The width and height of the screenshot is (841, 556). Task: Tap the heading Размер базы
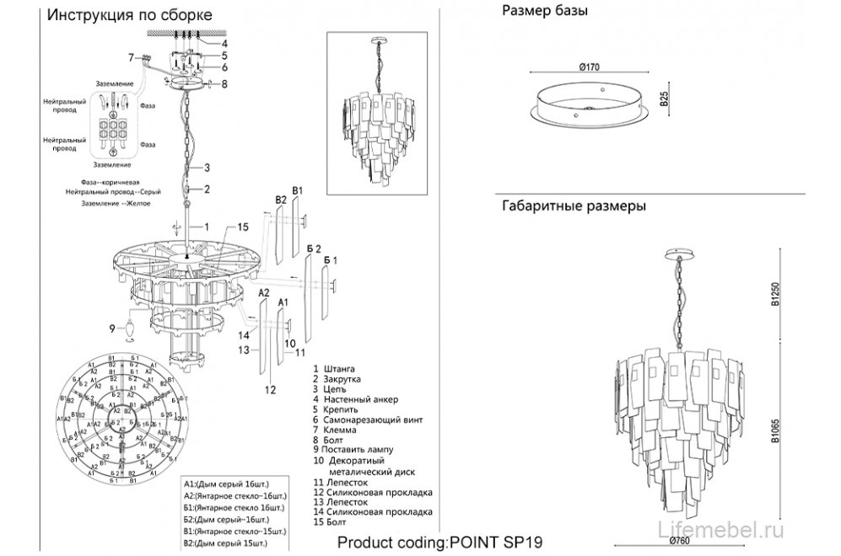point(544,12)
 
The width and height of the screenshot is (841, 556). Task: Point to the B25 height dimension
point(664,99)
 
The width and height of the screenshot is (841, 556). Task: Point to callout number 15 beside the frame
point(242,227)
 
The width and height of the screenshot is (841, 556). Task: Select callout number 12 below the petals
point(270,390)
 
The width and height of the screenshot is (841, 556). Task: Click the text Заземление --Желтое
point(122,203)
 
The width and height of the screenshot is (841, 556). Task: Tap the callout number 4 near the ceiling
point(224,42)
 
